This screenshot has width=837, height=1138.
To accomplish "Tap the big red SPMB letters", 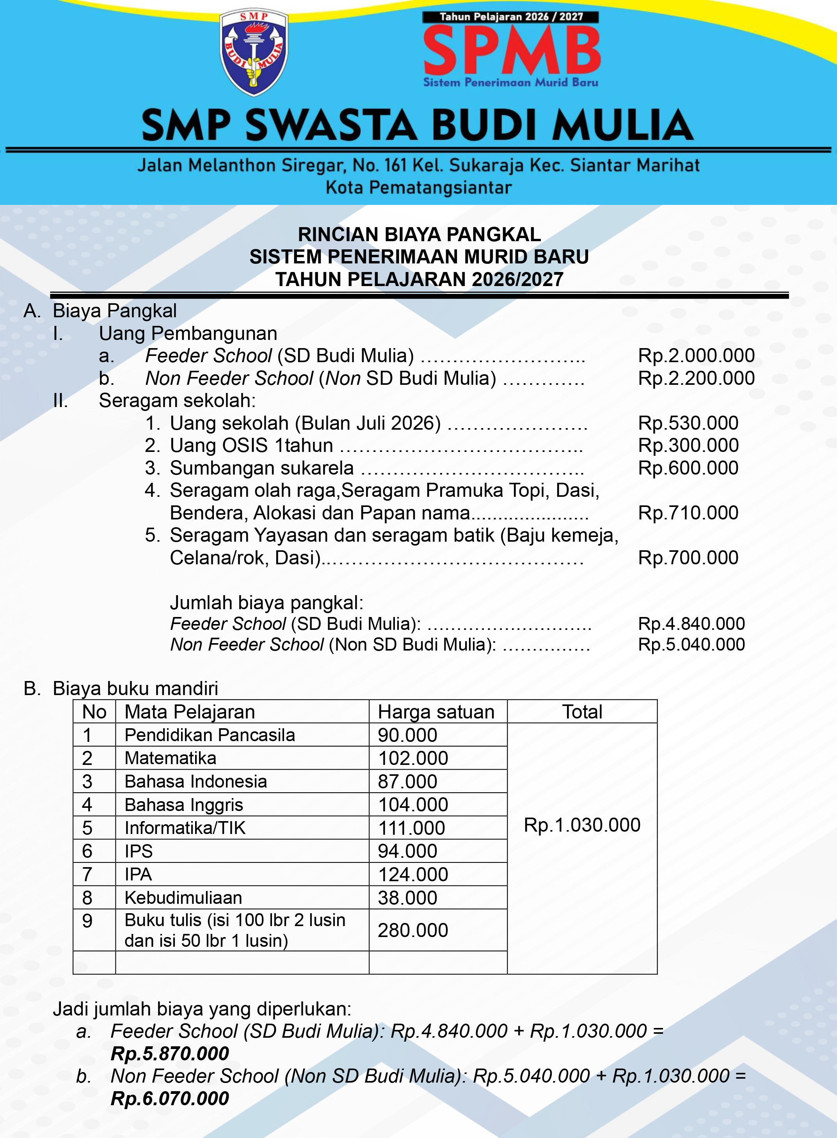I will coord(512,51).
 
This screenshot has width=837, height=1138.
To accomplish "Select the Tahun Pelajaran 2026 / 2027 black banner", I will coord(511,17).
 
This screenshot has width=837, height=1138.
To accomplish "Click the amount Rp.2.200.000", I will coord(696,378).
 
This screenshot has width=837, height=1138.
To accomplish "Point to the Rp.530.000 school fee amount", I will coord(688,423).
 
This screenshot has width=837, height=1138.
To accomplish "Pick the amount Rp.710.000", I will coord(688,513).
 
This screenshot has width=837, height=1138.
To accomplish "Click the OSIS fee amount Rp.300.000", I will coord(688,445).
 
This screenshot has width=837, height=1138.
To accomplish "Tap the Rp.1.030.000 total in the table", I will coord(582,825).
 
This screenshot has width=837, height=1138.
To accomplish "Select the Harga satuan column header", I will coord(436,712).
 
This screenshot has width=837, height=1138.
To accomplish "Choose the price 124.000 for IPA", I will coord(413,874).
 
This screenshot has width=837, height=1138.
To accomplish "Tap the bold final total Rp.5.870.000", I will coord(170,1053).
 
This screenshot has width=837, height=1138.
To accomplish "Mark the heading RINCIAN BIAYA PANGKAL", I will coord(419,235).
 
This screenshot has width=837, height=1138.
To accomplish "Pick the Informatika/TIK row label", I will coord(185,828).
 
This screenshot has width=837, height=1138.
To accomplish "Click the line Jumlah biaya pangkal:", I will coord(267,603).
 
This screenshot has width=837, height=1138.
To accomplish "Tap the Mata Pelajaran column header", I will coord(190,712).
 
